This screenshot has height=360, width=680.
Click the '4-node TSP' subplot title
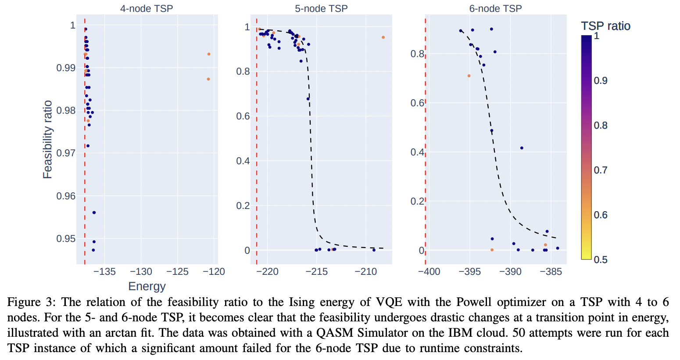pos(147,8)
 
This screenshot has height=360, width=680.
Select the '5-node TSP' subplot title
pos(321,8)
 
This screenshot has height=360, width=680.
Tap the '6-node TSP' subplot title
pos(495,8)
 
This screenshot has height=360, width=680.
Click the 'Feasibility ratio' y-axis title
pos(47,140)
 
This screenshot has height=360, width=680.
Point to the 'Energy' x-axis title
pos(147,286)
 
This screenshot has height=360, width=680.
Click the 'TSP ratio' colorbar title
pos(605,26)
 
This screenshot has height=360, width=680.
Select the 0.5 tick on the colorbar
pos(601,259)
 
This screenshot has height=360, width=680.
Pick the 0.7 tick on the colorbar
pos(601,170)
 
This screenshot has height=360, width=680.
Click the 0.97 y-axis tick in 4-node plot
pos(66,153)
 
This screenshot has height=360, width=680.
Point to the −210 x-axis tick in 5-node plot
pos(365,272)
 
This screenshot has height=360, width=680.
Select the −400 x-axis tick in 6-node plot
pos(429,272)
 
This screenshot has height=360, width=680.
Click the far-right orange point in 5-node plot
pos(383,37)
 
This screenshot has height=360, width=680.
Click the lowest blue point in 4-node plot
pos(93,250)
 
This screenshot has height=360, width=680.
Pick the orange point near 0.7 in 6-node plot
pos(469,76)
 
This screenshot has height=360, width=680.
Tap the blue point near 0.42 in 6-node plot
pos(522,148)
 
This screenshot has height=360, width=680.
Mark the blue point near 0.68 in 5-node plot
pos(308,99)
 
